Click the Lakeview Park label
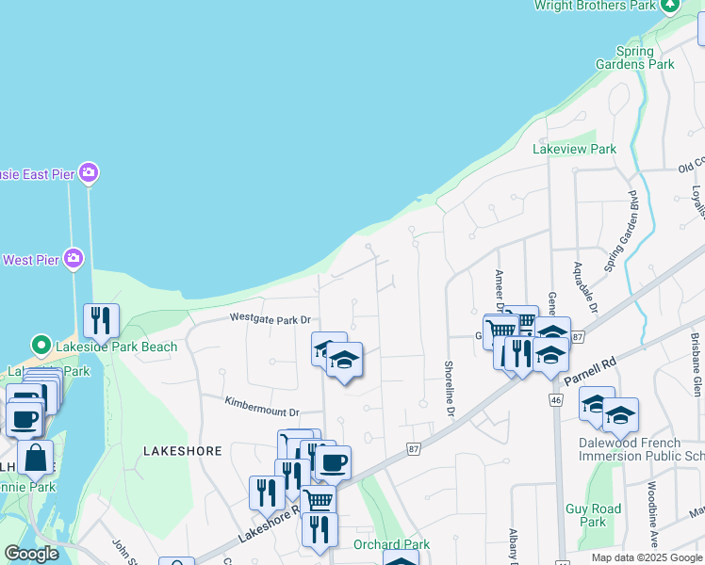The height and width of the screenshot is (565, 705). pyautogui.click(x=574, y=149)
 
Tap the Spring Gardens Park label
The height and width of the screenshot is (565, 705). pyautogui.click(x=634, y=57)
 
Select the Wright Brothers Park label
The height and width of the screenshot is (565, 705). pyautogui.click(x=594, y=6)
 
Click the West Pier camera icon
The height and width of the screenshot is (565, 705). pyautogui.click(x=74, y=259)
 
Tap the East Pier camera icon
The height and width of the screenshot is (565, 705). pyautogui.click(x=89, y=172)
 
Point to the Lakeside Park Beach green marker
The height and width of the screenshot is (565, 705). pyautogui.click(x=41, y=347)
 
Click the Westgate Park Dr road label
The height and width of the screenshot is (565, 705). pyautogui.click(x=271, y=319)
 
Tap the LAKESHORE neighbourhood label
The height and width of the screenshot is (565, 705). pyautogui.click(x=183, y=451)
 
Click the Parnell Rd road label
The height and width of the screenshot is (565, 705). pyautogui.click(x=590, y=367)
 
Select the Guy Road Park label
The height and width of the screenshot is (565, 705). pyautogui.click(x=593, y=515)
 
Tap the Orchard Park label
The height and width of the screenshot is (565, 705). pyautogui.click(x=391, y=544)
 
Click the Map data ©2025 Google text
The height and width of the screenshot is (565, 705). pyautogui.click(x=646, y=557)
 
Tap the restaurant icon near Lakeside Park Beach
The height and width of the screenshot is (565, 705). pyautogui.click(x=101, y=320)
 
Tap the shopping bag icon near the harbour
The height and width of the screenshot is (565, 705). pyautogui.click(x=36, y=459)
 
